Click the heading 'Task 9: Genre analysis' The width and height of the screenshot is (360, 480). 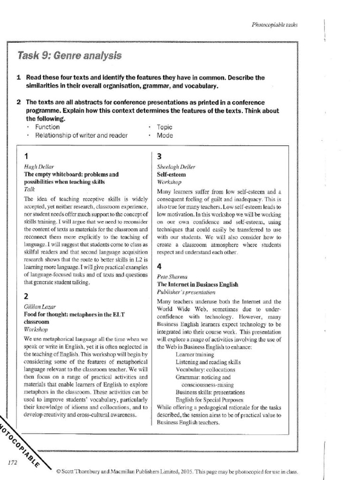click(69, 56)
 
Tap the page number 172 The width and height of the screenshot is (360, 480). click(13, 462)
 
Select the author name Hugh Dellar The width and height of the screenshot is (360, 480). click(36, 167)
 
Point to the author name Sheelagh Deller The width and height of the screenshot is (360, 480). click(176, 167)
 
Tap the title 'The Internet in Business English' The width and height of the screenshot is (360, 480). click(197, 284)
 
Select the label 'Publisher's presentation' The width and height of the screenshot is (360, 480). click(182, 292)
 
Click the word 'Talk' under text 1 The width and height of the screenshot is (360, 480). click(29, 189)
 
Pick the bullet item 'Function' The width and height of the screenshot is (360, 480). click(47, 127)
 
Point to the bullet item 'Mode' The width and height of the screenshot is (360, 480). click(165, 135)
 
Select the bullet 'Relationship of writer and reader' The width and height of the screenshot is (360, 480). click(82, 135)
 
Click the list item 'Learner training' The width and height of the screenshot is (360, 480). click(195, 355)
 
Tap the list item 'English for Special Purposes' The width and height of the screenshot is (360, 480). click(209, 400)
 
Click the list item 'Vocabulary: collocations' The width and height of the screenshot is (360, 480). click(205, 370)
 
